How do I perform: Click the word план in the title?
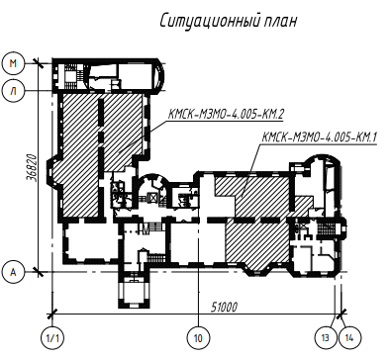click(280, 22)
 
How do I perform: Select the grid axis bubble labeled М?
click(13, 63)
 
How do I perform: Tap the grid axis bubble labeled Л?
click(13, 91)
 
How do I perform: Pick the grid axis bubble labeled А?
click(13, 272)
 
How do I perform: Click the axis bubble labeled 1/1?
click(52, 338)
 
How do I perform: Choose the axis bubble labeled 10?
click(198, 338)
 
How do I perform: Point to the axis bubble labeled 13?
click(326, 338)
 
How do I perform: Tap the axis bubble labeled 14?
click(349, 338)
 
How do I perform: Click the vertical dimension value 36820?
click(32, 167)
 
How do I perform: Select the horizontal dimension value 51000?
click(224, 308)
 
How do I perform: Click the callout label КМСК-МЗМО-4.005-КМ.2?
click(226, 115)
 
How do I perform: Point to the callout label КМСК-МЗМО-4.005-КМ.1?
click(319, 136)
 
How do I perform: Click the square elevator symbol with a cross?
click(154, 198)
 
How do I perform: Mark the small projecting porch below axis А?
click(134, 290)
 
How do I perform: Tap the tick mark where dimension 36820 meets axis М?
click(39, 63)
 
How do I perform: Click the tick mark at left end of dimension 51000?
click(52, 314)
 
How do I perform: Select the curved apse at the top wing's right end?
click(158, 76)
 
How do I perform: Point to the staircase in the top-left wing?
click(70, 77)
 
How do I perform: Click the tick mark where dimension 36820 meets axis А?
click(39, 272)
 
